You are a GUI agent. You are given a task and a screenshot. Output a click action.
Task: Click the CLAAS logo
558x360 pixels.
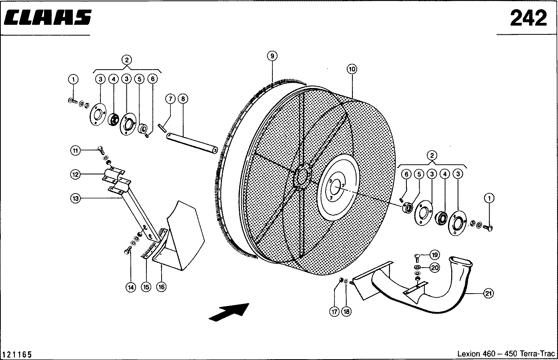pos(48,18)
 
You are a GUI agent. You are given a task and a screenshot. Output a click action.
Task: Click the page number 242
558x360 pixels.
pos(528,18)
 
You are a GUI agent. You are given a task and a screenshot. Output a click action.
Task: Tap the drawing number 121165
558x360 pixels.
pos(17,354)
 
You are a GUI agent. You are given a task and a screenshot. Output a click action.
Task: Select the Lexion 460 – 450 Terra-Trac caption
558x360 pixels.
pos(506,354)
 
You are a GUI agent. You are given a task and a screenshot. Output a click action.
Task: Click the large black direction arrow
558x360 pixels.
pos(229,312)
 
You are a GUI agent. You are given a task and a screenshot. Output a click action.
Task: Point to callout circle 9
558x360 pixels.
pos(272,56)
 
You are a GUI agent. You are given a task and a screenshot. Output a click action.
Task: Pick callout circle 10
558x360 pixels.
pos(352,69)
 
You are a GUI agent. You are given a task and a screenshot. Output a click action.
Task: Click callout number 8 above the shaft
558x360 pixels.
pos(183,99)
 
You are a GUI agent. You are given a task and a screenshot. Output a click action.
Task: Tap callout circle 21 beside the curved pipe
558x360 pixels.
pos(488,293)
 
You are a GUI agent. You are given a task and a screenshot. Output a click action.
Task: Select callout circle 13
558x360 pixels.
pos(76,198)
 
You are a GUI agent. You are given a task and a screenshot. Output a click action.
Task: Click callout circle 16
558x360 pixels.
pos(162,287)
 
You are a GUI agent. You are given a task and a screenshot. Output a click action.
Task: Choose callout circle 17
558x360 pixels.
pos(334,312)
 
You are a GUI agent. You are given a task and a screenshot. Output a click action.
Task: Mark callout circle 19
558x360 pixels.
pos(435,255)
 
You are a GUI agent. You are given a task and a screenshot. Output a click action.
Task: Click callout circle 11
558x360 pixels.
pos(76,151)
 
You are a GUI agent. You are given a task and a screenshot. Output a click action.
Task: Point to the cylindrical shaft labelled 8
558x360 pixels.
pos(192,143)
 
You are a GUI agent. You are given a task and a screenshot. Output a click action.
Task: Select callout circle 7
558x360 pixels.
pos(170,99)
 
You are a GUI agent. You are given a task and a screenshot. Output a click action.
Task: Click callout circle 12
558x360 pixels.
pos(76,174)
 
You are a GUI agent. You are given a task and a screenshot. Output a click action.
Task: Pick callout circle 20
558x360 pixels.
pos(435,268)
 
